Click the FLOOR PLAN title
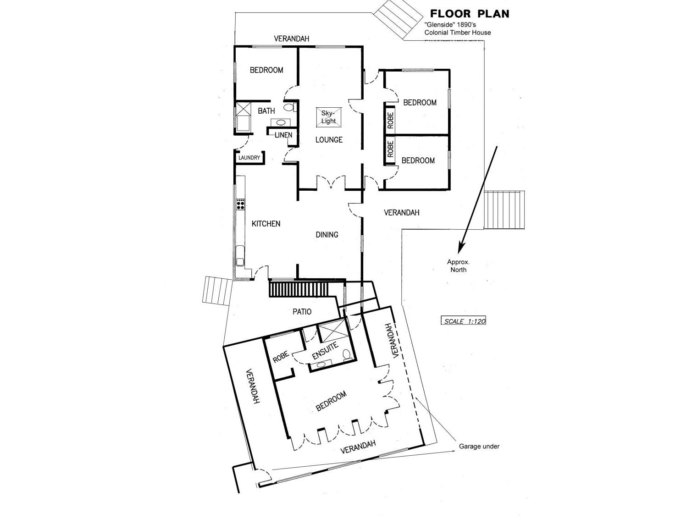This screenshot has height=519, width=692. pyautogui.click(x=469, y=14)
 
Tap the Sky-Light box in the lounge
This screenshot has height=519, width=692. pyautogui.click(x=329, y=117)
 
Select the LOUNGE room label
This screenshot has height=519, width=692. pyautogui.click(x=329, y=140)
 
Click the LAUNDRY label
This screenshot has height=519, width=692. pyautogui.click(x=249, y=158)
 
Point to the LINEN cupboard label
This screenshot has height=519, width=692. pyautogui.click(x=283, y=135)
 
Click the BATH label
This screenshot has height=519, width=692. pyautogui.click(x=266, y=111)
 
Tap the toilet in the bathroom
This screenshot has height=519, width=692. pyautogui.click(x=289, y=108)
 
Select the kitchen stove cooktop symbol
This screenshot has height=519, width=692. pyautogui.click(x=240, y=204)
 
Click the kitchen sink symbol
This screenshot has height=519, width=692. pyautogui.click(x=240, y=256)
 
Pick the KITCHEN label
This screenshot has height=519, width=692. pyautogui.click(x=266, y=224)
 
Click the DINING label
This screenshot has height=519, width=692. pyautogui.click(x=327, y=235)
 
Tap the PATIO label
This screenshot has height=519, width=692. pyautogui.click(x=302, y=312)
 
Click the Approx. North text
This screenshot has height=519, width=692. pyautogui.click(x=459, y=266)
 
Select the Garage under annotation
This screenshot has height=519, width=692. pyautogui.click(x=479, y=446)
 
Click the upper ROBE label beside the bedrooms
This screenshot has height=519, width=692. pyautogui.click(x=391, y=120)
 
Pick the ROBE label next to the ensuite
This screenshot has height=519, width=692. pyautogui.click(x=281, y=358)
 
